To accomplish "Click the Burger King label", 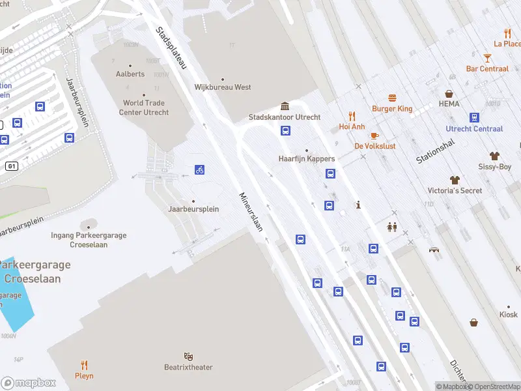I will (392, 109).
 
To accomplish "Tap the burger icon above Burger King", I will (392, 98).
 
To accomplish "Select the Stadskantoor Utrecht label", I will (285, 117).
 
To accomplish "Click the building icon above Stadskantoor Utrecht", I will (285, 106).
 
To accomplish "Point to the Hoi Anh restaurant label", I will (352, 126).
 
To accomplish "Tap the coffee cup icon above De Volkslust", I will (374, 136).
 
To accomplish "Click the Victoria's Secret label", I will (455, 190).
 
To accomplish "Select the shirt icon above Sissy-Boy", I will (495, 156).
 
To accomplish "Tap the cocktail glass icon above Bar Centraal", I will (487, 58).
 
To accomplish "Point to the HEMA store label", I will (449, 104).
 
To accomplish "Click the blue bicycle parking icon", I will (200, 170).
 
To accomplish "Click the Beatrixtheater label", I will (188, 368).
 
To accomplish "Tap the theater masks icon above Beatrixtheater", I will (188, 356).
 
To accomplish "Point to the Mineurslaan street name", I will (250, 212).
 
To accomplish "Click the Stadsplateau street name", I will (171, 48).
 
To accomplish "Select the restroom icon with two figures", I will (392, 227).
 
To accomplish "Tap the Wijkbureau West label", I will (223, 87).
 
